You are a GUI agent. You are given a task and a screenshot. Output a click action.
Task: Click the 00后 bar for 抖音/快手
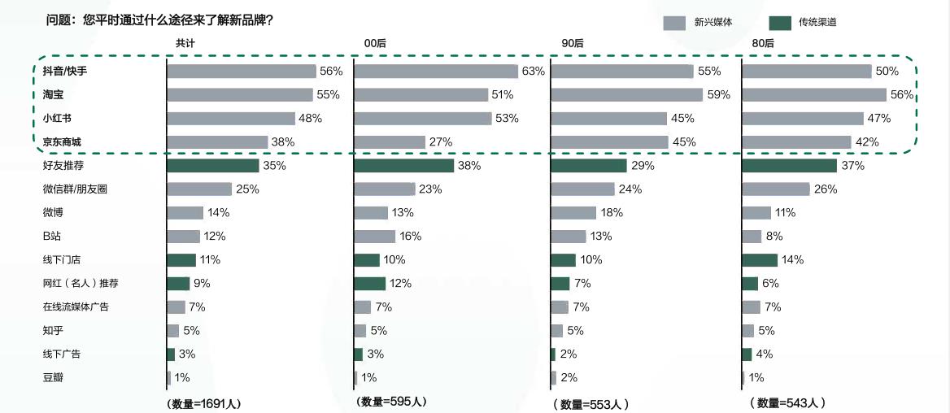click(x=436, y=72)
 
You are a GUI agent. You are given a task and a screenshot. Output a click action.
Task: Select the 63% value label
click(x=533, y=72)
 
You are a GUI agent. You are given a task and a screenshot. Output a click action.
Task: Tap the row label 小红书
click(x=57, y=119)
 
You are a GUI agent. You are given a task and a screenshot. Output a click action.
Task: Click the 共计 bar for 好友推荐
click(x=213, y=166)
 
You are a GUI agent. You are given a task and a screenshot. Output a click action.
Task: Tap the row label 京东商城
click(x=63, y=142)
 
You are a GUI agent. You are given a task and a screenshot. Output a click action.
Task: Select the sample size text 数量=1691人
click(x=204, y=403)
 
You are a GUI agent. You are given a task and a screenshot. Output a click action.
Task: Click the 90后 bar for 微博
click(x=573, y=213)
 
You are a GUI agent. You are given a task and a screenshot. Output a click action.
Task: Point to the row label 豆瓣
click(x=52, y=378)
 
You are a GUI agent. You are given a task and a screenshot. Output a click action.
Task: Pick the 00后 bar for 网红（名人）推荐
click(x=370, y=284)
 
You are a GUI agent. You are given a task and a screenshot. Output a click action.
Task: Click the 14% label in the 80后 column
click(x=792, y=260)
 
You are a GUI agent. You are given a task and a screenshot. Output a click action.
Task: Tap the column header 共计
click(x=185, y=42)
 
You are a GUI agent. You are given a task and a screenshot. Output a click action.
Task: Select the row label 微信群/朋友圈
click(x=75, y=189)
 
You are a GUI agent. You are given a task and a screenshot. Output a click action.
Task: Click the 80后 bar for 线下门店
click(x=760, y=260)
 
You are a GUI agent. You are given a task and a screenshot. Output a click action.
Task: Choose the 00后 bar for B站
click(x=375, y=237)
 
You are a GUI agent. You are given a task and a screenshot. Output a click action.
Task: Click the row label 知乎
click(x=53, y=331)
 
